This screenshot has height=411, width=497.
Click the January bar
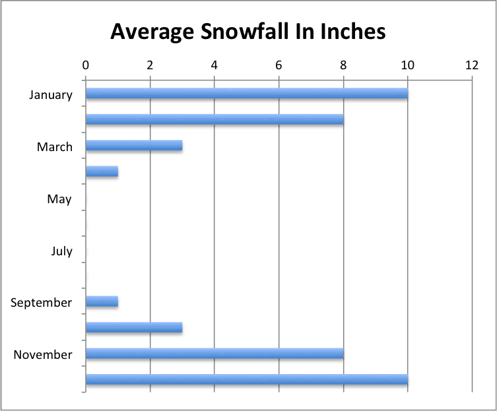(246, 94)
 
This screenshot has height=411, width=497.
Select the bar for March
(133, 146)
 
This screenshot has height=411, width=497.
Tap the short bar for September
(102, 301)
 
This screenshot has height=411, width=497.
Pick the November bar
(215, 354)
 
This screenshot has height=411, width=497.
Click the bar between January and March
(215, 119)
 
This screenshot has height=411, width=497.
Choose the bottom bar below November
(246, 379)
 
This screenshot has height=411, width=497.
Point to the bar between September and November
(133, 327)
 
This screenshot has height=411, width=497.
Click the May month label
(59, 199)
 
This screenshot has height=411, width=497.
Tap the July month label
(61, 251)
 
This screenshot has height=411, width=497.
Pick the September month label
(42, 303)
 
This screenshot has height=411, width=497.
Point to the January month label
(51, 94)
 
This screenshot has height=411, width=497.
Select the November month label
(43, 355)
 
